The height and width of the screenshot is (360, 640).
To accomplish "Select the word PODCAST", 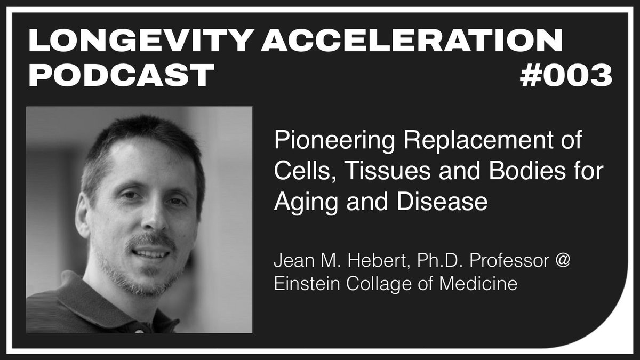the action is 122,75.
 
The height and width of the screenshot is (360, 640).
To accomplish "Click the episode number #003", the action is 566,75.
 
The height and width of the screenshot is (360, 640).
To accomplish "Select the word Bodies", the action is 527,171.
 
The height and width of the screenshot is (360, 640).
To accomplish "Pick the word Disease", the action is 442,202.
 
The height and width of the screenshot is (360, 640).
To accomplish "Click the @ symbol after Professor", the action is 562,261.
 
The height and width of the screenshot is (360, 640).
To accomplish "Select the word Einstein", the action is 307,283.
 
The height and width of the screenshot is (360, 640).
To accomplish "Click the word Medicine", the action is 478,283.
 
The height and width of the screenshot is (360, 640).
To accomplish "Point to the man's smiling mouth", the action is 150,253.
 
